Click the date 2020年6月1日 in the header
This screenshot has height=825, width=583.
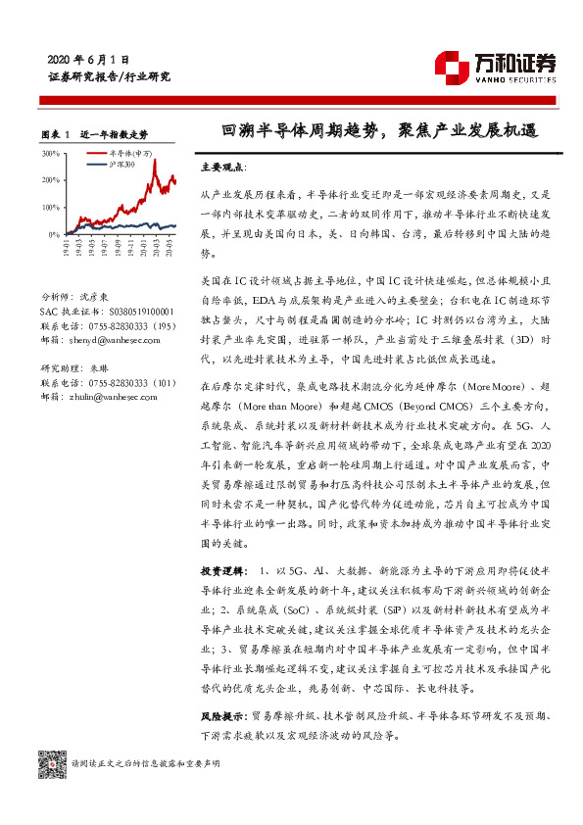pos(88,59)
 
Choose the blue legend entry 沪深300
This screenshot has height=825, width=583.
pos(122,164)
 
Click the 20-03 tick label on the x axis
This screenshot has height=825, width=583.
pos(153,253)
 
